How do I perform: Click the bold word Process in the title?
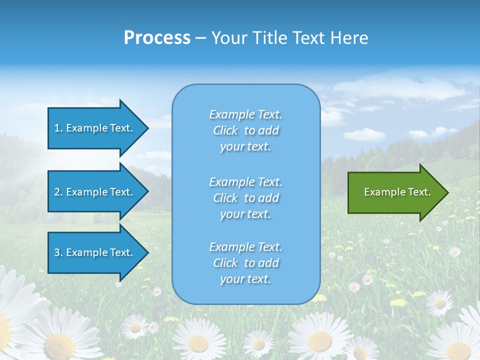click(x=157, y=38)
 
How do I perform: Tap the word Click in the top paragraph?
click(x=225, y=131)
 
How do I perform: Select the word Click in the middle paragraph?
click(x=225, y=198)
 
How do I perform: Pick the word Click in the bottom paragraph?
click(x=225, y=263)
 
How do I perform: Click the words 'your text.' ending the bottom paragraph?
click(x=245, y=279)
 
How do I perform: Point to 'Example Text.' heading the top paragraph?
click(x=245, y=115)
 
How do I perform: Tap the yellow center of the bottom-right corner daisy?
click(x=458, y=350)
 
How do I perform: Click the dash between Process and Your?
click(x=201, y=38)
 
